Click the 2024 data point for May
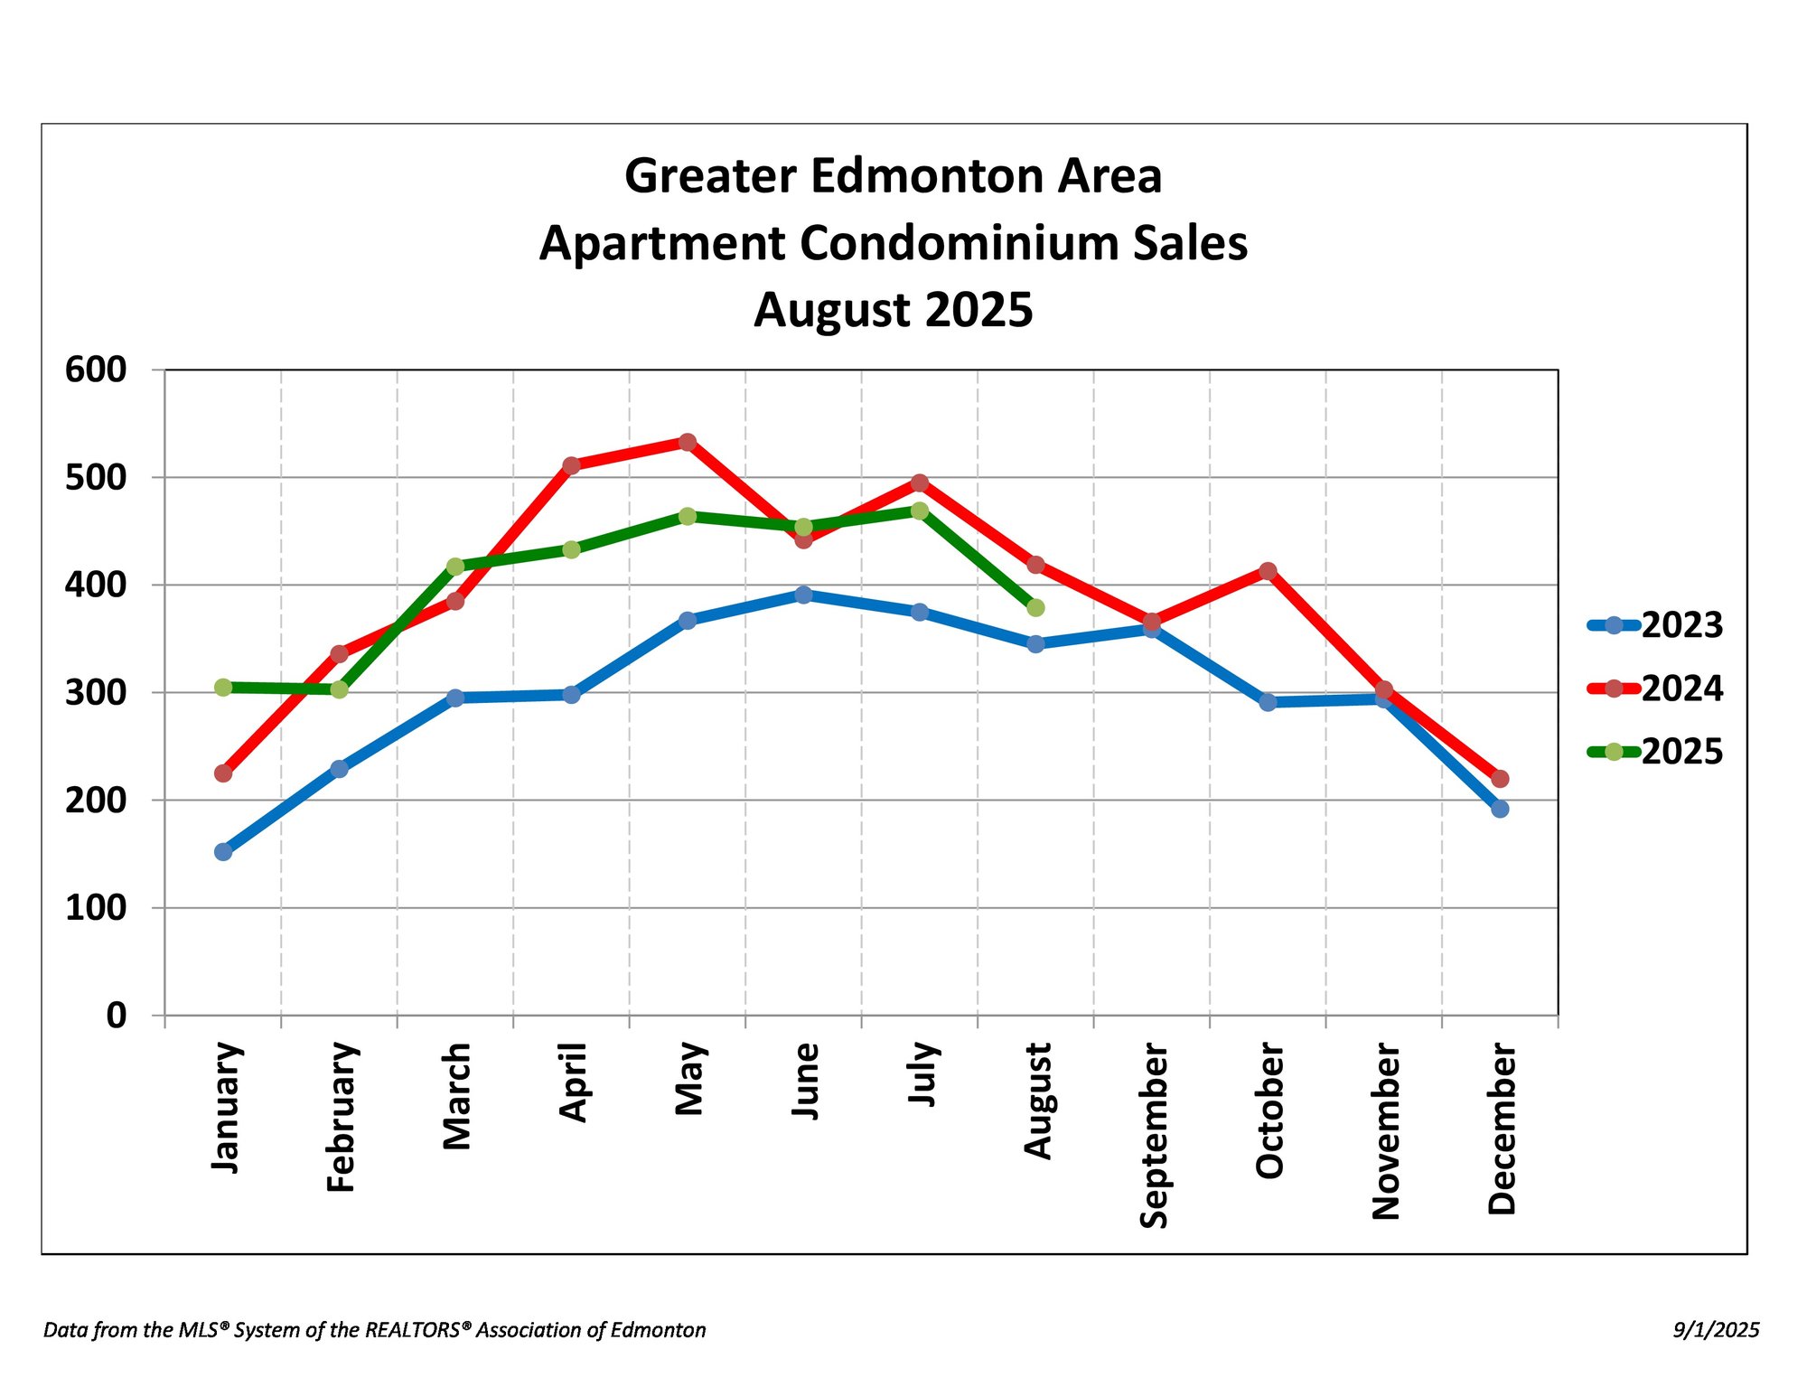point(688,442)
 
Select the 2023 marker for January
point(223,851)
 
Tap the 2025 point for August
point(1035,608)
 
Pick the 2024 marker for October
point(1268,571)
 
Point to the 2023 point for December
point(1500,809)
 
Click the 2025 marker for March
point(455,567)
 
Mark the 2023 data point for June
point(803,595)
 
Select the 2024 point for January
point(223,773)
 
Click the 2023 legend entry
point(1655,625)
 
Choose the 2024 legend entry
point(1655,689)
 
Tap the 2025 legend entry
point(1655,752)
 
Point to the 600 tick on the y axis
point(96,370)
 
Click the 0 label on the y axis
point(116,1016)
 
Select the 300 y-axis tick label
point(96,693)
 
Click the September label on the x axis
point(1154,1135)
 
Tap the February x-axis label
point(342,1117)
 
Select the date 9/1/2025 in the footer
point(1716,1330)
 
